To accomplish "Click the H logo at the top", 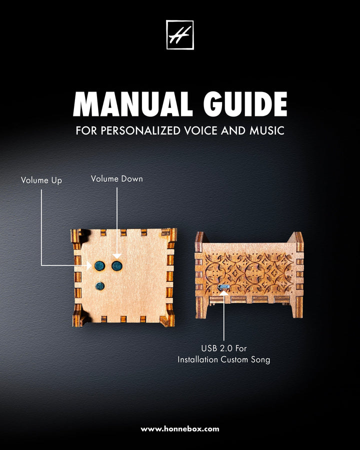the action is (x=180, y=34).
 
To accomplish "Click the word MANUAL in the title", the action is (x=133, y=104).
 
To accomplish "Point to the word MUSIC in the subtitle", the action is (x=267, y=130).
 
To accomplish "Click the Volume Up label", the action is (x=41, y=180).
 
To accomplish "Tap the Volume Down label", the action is (x=117, y=179).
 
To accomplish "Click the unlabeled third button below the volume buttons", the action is (x=99, y=286).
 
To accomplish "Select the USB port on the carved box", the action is (x=223, y=287).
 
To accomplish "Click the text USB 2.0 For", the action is (x=223, y=348).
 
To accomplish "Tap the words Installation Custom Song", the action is (x=223, y=359).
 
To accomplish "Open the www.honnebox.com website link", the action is (x=180, y=429).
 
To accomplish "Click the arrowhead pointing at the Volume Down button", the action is (x=117, y=256).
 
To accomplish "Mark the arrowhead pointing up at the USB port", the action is (x=223, y=292).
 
